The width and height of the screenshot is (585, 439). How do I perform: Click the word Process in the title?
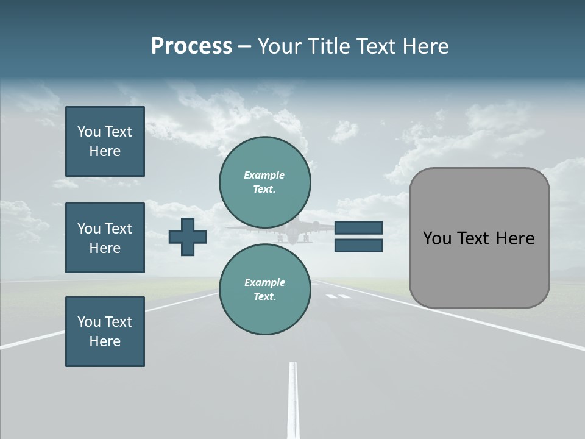point(191,46)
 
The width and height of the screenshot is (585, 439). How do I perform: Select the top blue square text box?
point(105,141)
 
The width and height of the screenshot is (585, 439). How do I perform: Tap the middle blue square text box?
point(105,238)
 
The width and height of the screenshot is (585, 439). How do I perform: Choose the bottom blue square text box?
point(105,332)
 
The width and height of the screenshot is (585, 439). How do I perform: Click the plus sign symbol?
point(188,237)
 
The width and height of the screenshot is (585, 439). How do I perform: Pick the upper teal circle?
point(265,182)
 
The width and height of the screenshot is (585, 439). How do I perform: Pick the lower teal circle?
point(265,290)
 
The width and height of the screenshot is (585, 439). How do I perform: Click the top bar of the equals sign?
point(358,228)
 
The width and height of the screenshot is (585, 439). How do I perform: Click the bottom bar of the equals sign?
point(358,245)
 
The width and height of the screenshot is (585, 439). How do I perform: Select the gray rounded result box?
point(479,238)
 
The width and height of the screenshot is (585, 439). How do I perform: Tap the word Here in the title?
point(425,46)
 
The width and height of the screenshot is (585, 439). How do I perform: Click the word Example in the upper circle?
point(264,175)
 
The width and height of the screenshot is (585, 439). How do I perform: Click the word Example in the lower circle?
point(264,282)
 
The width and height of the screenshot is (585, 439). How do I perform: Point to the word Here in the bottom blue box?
point(105,341)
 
